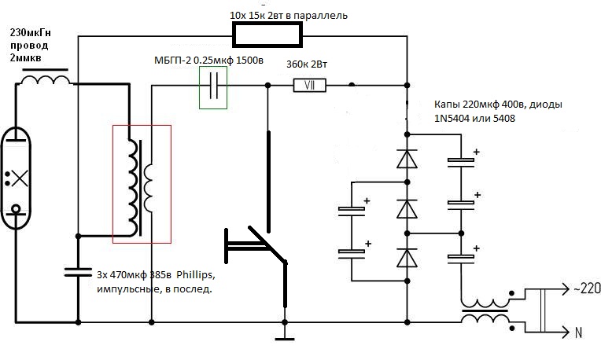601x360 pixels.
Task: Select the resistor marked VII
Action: pos(310,85)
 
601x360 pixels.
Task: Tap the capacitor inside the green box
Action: pos(212,87)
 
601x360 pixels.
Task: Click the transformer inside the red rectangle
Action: pos(141,180)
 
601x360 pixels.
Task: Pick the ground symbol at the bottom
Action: pos(283,338)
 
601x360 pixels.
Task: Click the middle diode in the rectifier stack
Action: pos(407,208)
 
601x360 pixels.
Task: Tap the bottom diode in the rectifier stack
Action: pos(407,258)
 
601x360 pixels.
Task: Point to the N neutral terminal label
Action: pos(578,332)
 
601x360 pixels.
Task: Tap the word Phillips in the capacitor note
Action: pos(195,276)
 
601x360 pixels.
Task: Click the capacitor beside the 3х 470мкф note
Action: pos(78,273)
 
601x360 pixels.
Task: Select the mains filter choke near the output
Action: pos(484,312)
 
